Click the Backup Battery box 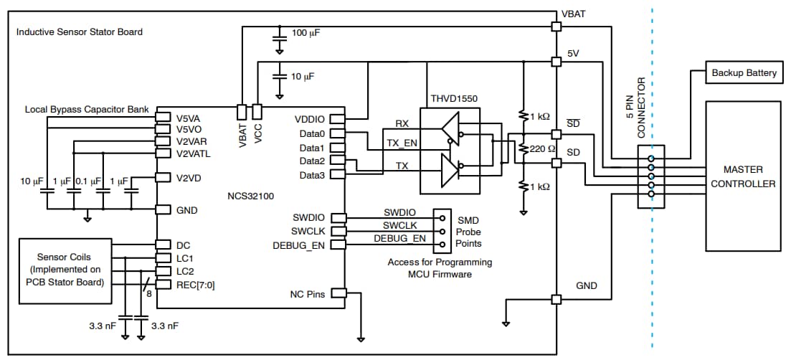743,73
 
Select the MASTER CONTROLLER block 743,176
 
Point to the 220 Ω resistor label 543,149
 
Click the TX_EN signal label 402,143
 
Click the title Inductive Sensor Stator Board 80,32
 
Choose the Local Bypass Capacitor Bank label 87,110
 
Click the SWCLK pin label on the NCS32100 308,231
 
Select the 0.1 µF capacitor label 88,181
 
